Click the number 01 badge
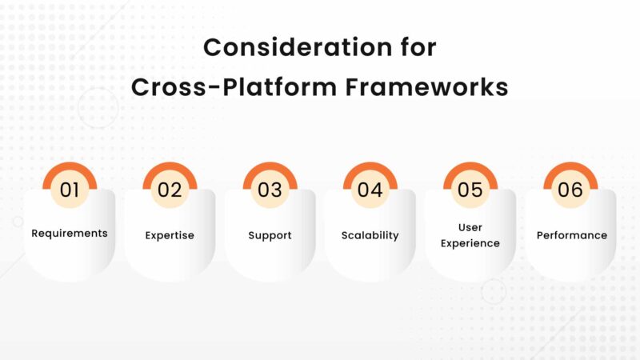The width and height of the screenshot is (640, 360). (x=70, y=190)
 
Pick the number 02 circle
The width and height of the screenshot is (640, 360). (x=170, y=190)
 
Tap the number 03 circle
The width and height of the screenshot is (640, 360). (x=270, y=190)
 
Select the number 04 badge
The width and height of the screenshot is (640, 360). (x=370, y=190)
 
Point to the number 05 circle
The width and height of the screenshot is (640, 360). (x=470, y=190)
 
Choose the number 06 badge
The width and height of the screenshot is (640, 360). (x=570, y=190)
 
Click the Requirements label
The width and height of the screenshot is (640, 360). (x=70, y=234)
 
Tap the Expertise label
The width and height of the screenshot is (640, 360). (x=170, y=235)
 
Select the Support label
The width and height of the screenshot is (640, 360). (x=270, y=235)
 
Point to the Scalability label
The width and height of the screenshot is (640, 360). (x=370, y=235)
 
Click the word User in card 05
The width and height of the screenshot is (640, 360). (x=470, y=228)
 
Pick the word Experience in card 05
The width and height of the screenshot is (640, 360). (x=470, y=243)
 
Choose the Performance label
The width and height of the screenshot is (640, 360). (x=571, y=235)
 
